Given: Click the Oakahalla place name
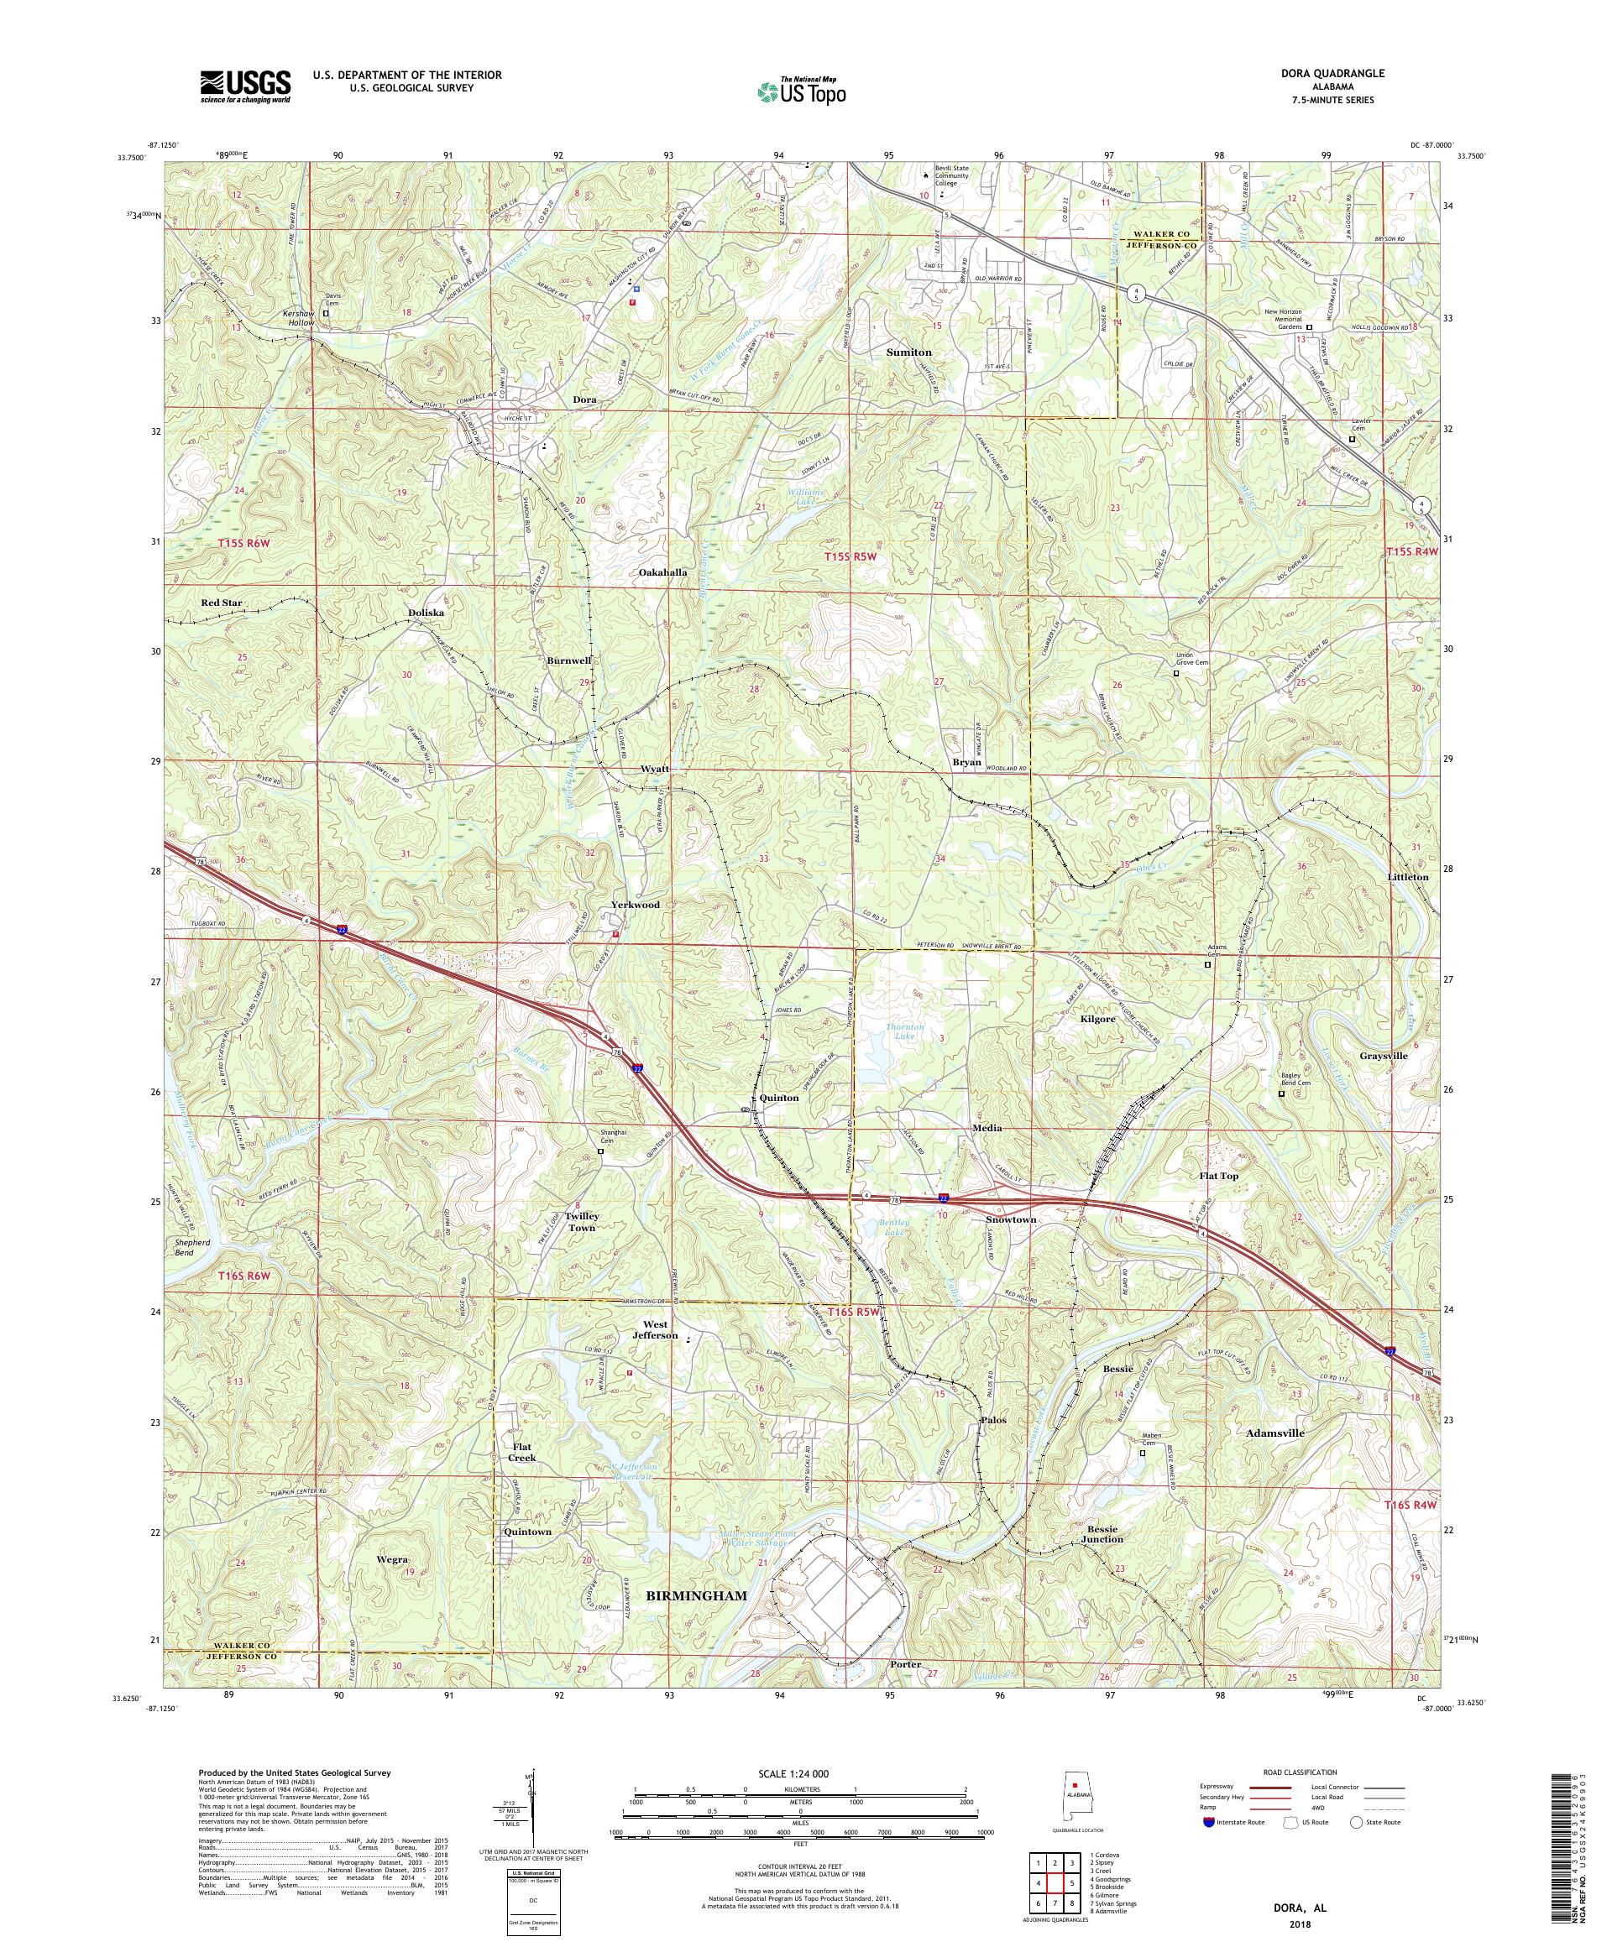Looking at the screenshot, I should (x=662, y=573).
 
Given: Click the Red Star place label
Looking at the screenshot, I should (x=221, y=603).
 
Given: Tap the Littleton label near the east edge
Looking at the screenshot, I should (x=1406, y=876).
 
